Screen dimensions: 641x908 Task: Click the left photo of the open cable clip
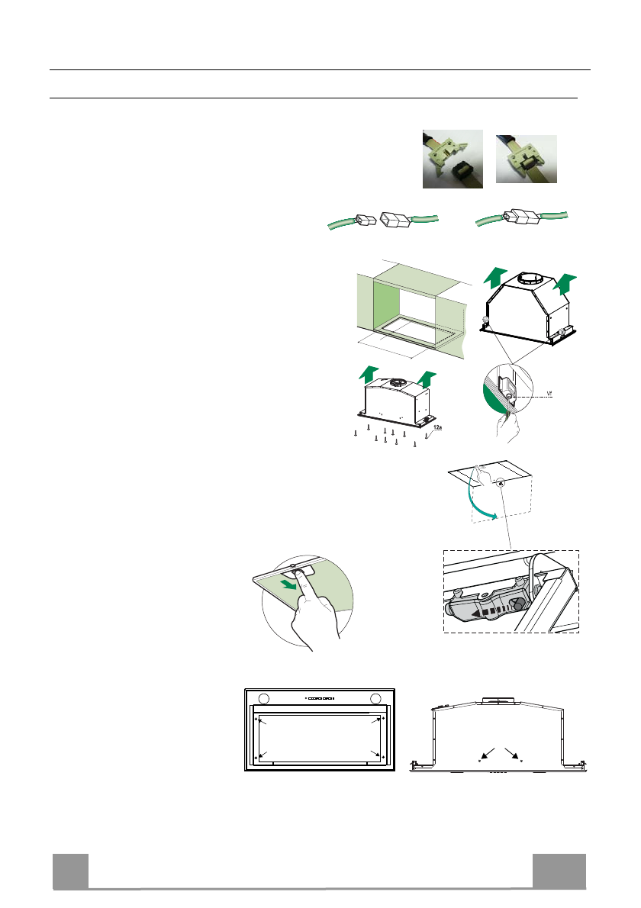453,159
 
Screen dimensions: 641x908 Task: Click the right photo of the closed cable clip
526,159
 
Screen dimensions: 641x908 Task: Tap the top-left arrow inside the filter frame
262,722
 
